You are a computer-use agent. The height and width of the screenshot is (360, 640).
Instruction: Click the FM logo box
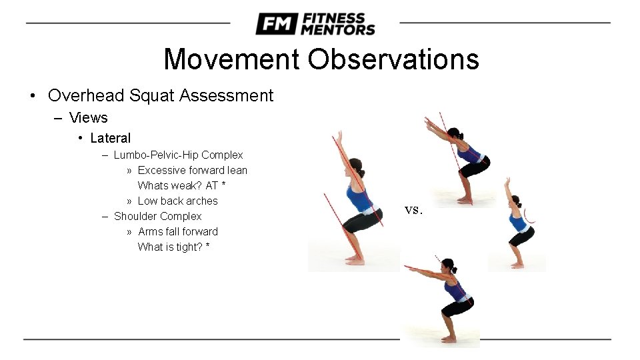coord(275,24)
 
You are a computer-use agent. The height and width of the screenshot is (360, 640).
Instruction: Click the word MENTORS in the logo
coord(338,29)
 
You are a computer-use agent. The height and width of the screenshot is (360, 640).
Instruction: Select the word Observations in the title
coord(393,59)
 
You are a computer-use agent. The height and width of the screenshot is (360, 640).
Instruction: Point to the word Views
coord(88,118)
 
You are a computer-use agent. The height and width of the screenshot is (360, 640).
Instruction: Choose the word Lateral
coord(111,138)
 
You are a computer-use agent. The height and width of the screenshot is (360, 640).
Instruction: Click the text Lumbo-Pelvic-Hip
coord(156,155)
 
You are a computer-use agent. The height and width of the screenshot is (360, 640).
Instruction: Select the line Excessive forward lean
coord(192,170)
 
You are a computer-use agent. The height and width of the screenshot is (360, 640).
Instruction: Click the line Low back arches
coord(177,201)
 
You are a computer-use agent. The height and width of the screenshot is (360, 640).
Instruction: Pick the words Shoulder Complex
coord(157,216)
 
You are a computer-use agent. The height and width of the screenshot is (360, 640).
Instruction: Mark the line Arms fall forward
coord(177,231)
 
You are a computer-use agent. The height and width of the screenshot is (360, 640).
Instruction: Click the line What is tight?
coord(170,247)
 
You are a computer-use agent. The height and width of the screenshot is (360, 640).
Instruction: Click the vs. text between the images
coord(413,209)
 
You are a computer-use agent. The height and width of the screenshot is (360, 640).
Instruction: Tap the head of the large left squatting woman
coord(357,167)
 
